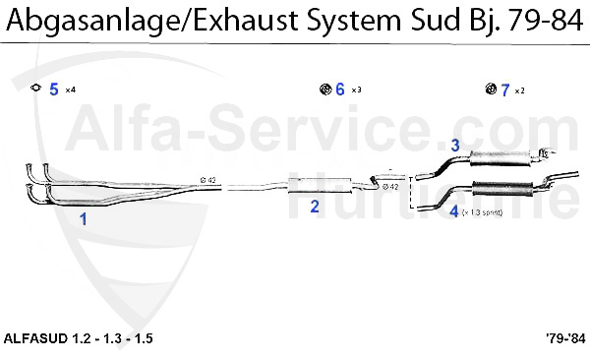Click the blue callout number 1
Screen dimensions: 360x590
(84, 219)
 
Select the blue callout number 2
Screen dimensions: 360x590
(315, 207)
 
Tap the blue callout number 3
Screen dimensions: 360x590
(455, 146)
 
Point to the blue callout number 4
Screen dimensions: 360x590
(453, 210)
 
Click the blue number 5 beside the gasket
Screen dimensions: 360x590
(54, 90)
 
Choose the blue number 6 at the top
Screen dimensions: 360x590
(339, 90)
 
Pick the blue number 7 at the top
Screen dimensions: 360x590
(504, 90)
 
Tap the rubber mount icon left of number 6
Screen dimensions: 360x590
(324, 90)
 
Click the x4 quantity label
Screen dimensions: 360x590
(70, 90)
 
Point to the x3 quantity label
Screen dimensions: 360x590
(356, 90)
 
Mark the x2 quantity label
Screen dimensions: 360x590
(520, 91)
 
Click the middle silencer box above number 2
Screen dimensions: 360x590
(320, 184)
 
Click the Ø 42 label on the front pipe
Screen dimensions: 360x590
(208, 180)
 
